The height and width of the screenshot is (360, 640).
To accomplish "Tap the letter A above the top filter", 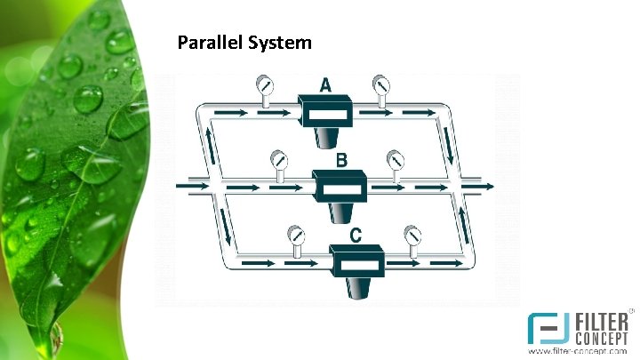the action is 326,85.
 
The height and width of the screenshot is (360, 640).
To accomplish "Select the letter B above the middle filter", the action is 341,161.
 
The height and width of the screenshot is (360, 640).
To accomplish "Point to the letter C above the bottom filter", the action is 356,236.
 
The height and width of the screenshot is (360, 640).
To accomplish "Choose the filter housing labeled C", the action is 356,266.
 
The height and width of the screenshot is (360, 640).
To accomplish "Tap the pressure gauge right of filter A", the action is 380,86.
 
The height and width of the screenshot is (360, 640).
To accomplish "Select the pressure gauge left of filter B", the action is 279,161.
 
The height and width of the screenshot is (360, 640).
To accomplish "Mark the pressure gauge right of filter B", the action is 395,161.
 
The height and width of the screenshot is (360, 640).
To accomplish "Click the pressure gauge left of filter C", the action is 294,236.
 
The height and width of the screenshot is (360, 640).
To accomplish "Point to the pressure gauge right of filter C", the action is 412,236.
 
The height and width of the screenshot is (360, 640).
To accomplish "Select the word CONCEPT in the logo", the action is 600,339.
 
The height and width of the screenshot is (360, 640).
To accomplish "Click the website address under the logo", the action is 585,353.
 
